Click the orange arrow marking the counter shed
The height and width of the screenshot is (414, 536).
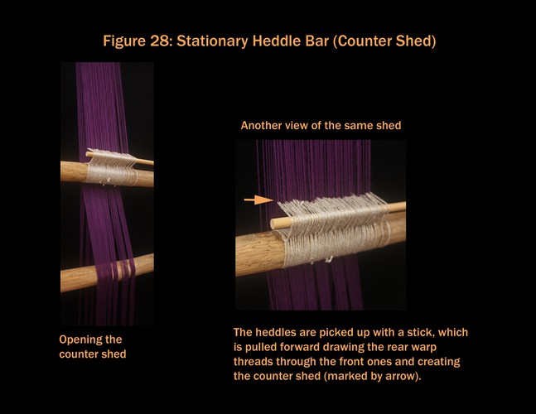click(258, 200)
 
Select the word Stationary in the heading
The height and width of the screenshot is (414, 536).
click(212, 41)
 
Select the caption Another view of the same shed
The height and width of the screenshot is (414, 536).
click(321, 125)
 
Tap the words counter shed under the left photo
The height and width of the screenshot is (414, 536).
click(93, 354)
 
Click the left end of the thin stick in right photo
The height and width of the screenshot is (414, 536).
click(273, 224)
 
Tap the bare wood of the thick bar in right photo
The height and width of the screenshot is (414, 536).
click(258, 253)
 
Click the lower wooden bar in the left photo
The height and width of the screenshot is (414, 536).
click(107, 273)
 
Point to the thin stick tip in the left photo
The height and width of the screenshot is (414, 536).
click(152, 162)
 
